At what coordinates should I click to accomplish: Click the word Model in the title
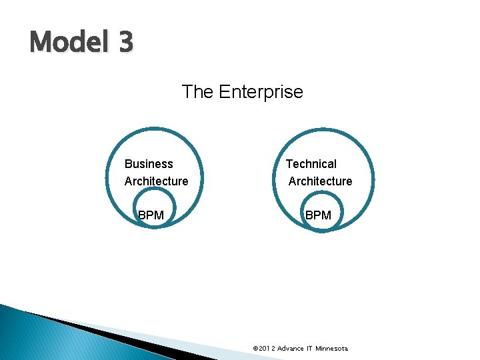[x=65, y=43]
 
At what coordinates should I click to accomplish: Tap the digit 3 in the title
[x=126, y=43]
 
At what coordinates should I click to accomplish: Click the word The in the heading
[x=197, y=91]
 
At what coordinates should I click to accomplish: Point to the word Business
[x=149, y=164]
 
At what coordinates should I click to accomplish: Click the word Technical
[x=311, y=164]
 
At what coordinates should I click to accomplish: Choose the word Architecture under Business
[x=156, y=181]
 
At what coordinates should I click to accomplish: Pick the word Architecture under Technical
[x=320, y=181]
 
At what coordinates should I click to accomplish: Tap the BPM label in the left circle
[x=151, y=215]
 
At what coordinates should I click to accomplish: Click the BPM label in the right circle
[x=318, y=215]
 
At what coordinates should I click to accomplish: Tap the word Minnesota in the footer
[x=332, y=349]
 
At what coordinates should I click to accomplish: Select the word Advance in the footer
[x=291, y=349]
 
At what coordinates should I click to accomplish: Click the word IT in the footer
[x=311, y=349]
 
